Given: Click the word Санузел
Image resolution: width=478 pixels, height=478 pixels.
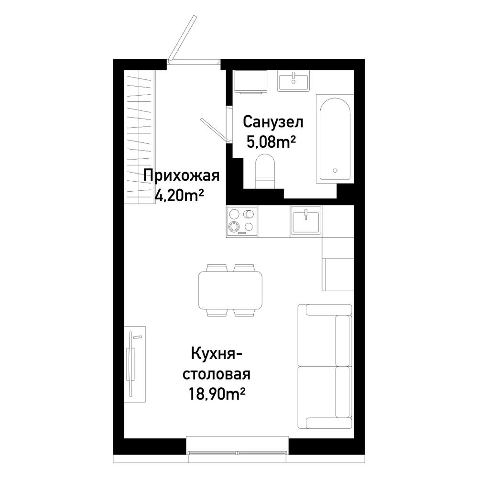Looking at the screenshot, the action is [273, 122].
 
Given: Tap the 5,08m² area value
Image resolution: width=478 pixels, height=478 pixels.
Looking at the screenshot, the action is [272, 141].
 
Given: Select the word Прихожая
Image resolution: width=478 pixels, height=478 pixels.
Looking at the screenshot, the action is [181, 175].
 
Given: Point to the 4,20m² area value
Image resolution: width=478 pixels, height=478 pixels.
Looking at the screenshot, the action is [179, 195].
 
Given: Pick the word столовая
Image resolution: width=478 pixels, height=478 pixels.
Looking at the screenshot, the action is [217, 374].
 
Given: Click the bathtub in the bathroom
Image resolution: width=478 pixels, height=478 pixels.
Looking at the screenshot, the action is [335, 139].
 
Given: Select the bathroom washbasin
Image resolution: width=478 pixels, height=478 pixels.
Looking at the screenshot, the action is [293, 80].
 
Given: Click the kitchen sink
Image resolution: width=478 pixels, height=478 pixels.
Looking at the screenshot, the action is [306, 220].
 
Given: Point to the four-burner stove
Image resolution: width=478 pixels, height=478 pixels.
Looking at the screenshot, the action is [242, 221].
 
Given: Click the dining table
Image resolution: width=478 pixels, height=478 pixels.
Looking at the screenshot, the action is [230, 291].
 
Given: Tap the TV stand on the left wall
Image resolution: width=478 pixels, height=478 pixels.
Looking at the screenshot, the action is [135, 364].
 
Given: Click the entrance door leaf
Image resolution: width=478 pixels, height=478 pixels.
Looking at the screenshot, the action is [182, 38].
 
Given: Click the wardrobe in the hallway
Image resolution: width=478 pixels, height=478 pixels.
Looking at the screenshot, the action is [139, 137].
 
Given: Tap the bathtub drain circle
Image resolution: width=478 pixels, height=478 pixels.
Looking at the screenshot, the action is [335, 171].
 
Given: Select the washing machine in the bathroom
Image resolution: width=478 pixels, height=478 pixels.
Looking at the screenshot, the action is [250, 82].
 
